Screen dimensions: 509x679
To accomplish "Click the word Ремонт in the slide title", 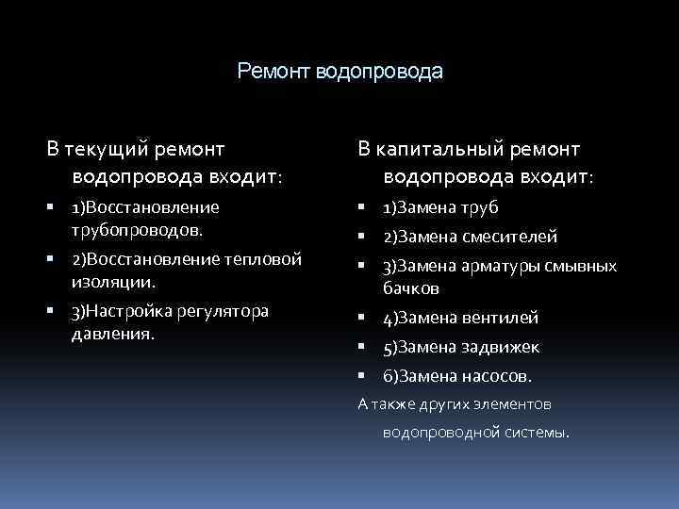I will coord(274,72).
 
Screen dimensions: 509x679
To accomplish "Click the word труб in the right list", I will coord(480,207).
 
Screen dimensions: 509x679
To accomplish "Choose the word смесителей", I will coord(510,237).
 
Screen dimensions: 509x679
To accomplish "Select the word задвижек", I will coord(501,347).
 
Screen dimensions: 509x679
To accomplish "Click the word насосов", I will coord(497,376).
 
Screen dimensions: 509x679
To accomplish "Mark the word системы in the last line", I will coord(540,434).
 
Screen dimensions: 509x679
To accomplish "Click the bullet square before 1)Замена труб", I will coord(362,208).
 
